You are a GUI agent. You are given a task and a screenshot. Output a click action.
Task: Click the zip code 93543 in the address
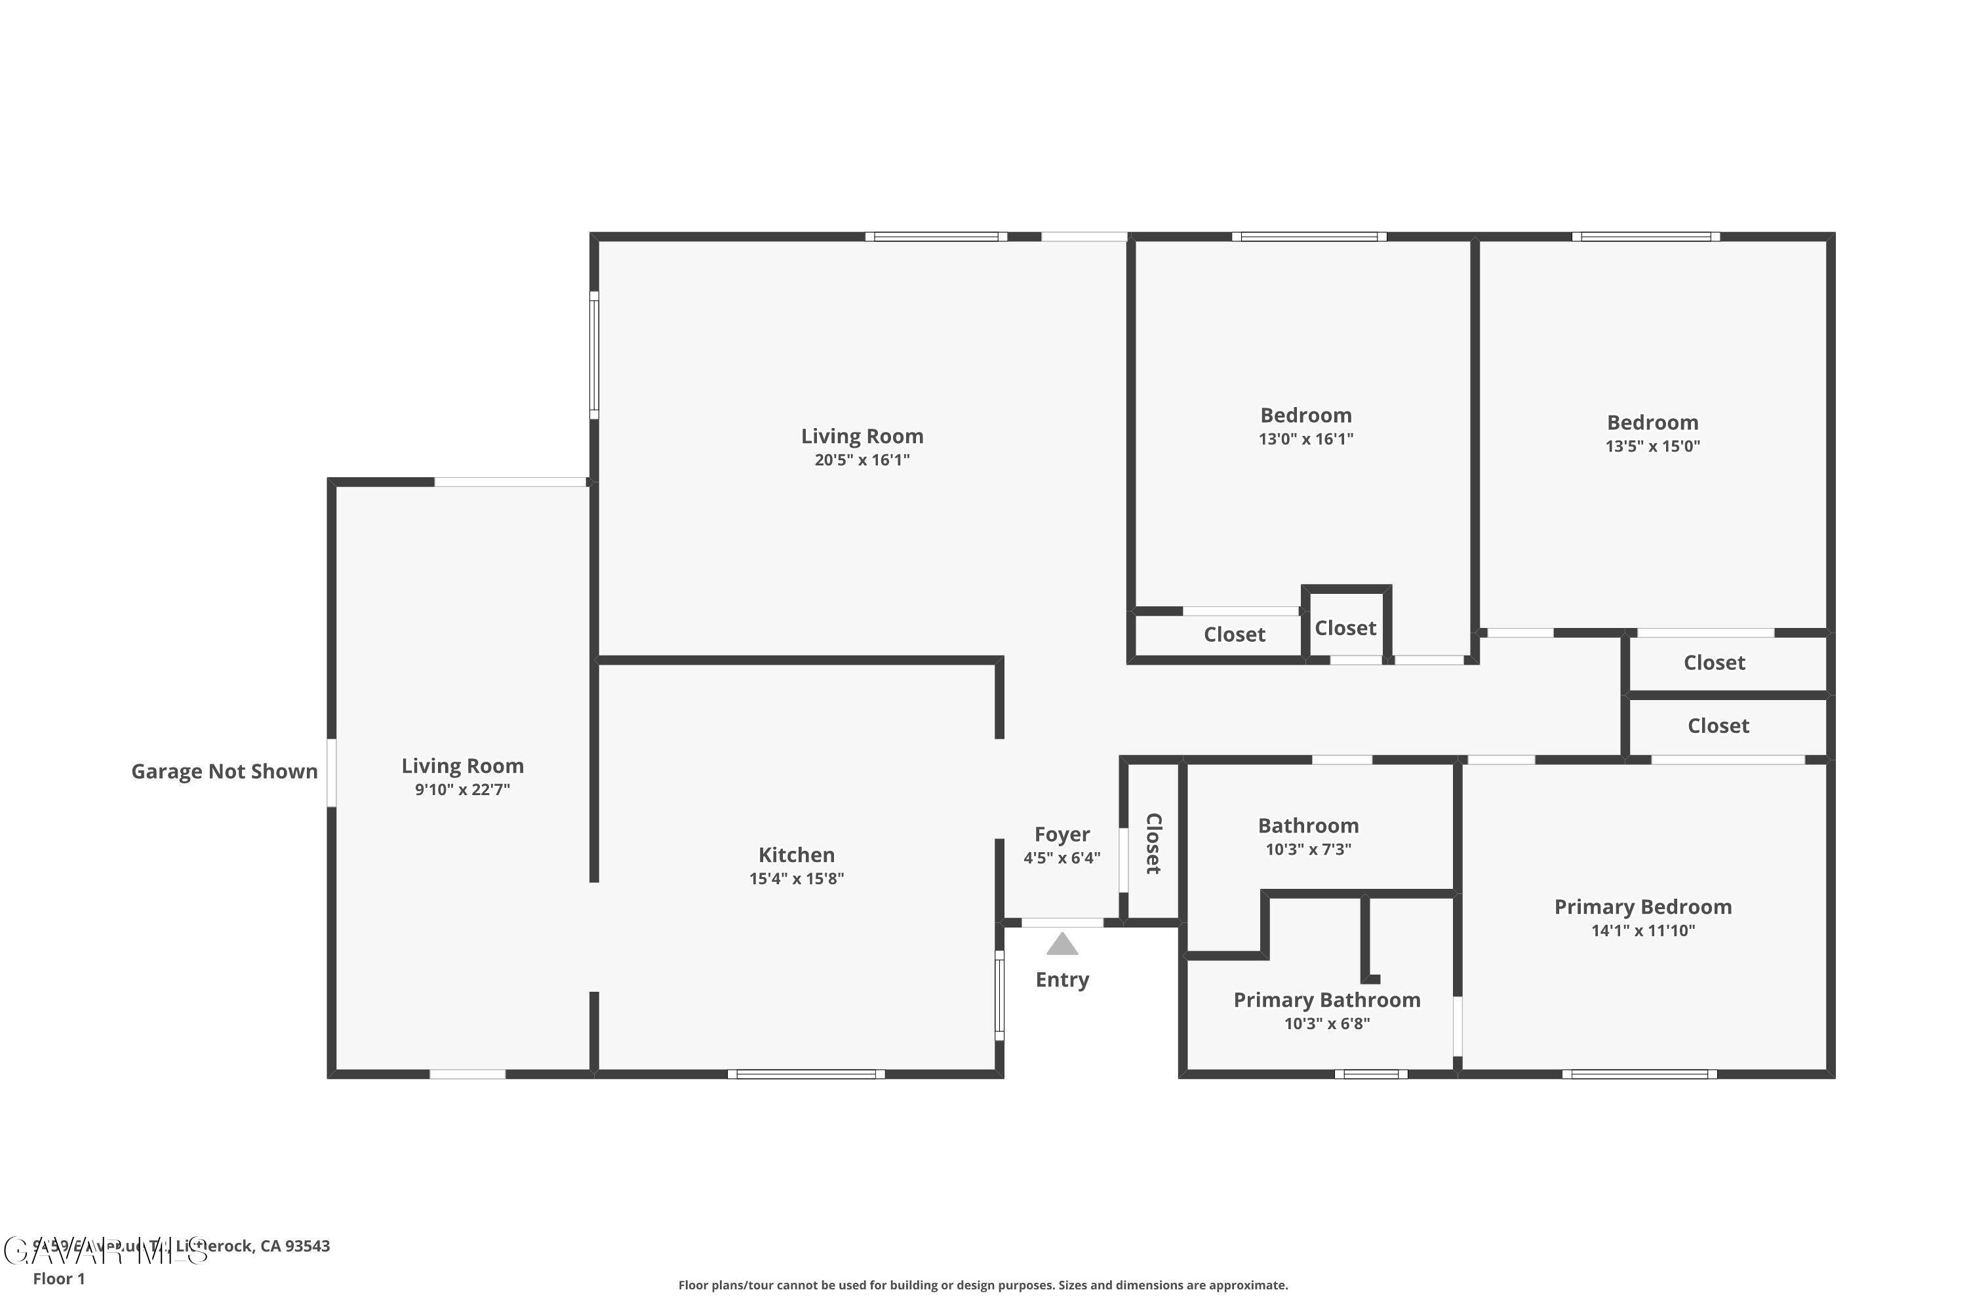[307, 1246]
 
